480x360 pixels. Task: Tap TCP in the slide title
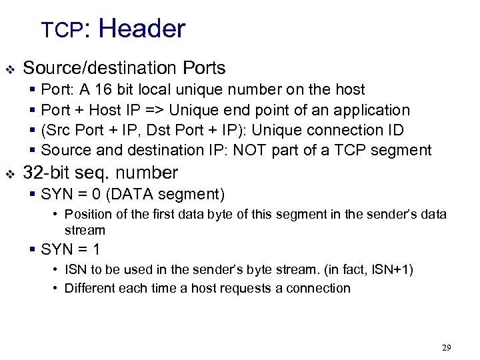61,30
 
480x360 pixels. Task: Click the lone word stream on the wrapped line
85,230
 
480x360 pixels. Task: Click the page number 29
446,347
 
